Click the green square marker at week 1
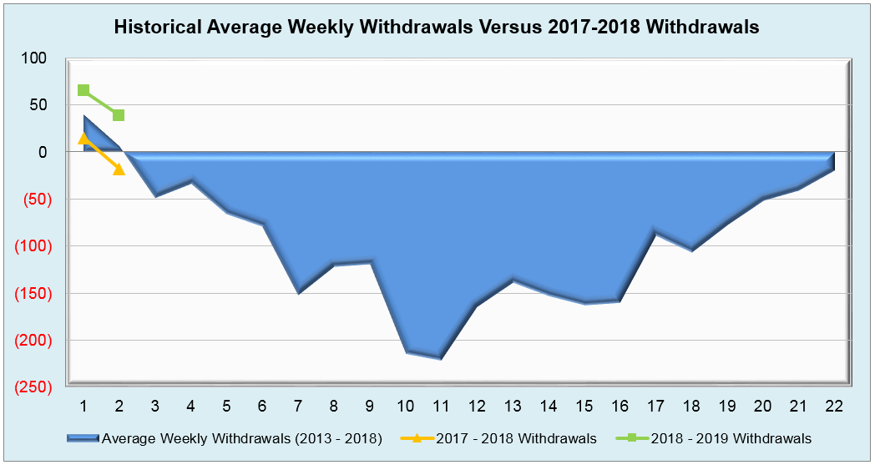tap(83, 90)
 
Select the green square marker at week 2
tap(119, 115)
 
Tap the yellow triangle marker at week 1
tap(83, 139)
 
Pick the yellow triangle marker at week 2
tap(119, 169)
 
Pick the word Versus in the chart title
tap(511, 27)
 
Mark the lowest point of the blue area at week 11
tap(440, 358)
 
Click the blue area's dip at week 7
tap(298, 292)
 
